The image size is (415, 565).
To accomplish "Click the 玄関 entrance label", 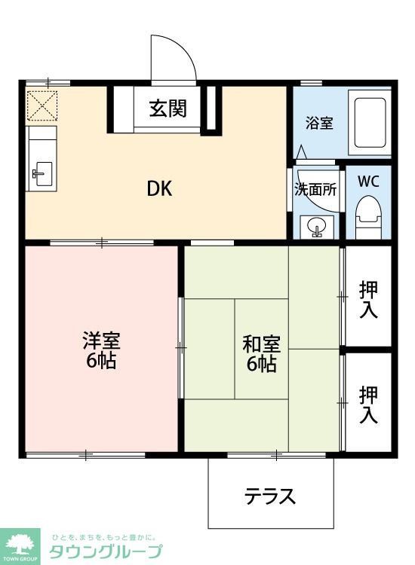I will [168, 109].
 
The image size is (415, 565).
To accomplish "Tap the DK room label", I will [159, 188].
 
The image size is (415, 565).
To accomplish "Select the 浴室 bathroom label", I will [319, 123].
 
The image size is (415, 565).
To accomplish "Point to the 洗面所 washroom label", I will [315, 189].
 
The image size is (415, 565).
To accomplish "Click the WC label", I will [368, 182].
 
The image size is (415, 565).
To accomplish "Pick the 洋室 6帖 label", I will [100, 350].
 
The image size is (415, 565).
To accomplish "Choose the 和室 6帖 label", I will [261, 354].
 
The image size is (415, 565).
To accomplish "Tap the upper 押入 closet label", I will [369, 299].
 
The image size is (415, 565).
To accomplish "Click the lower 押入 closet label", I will [369, 404].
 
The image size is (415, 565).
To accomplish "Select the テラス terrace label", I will [269, 496].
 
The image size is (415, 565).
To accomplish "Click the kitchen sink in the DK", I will [42, 174].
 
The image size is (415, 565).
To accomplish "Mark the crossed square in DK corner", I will [42, 105].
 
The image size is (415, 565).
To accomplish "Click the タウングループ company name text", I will [105, 551].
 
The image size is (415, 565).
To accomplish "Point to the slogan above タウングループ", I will [104, 536].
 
